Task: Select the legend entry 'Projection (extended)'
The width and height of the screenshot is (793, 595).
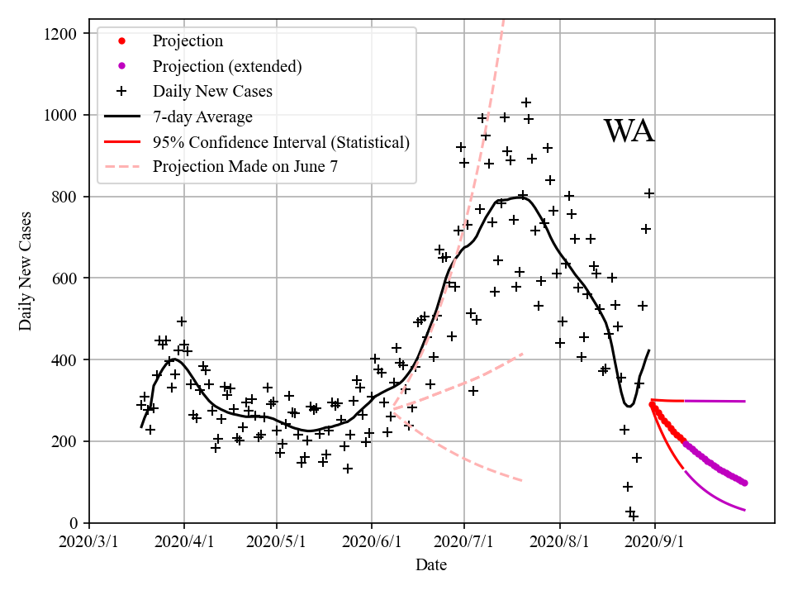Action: (226, 66)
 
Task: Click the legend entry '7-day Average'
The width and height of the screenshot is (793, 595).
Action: (202, 117)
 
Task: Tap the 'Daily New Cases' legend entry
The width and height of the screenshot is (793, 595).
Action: (212, 91)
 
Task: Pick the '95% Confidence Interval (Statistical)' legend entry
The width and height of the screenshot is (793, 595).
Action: (281, 142)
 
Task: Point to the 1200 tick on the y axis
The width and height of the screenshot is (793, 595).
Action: (60, 34)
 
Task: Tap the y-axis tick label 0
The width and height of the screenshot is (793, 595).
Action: (74, 523)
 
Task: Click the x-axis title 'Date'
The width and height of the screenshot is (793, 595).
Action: (431, 565)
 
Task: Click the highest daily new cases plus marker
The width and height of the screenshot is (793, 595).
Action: (525, 102)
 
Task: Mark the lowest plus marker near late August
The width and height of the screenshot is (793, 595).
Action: (634, 516)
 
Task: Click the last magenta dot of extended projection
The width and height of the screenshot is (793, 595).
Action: (744, 483)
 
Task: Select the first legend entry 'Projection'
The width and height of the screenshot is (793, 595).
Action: (188, 41)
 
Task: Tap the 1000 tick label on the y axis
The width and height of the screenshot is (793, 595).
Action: (60, 116)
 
